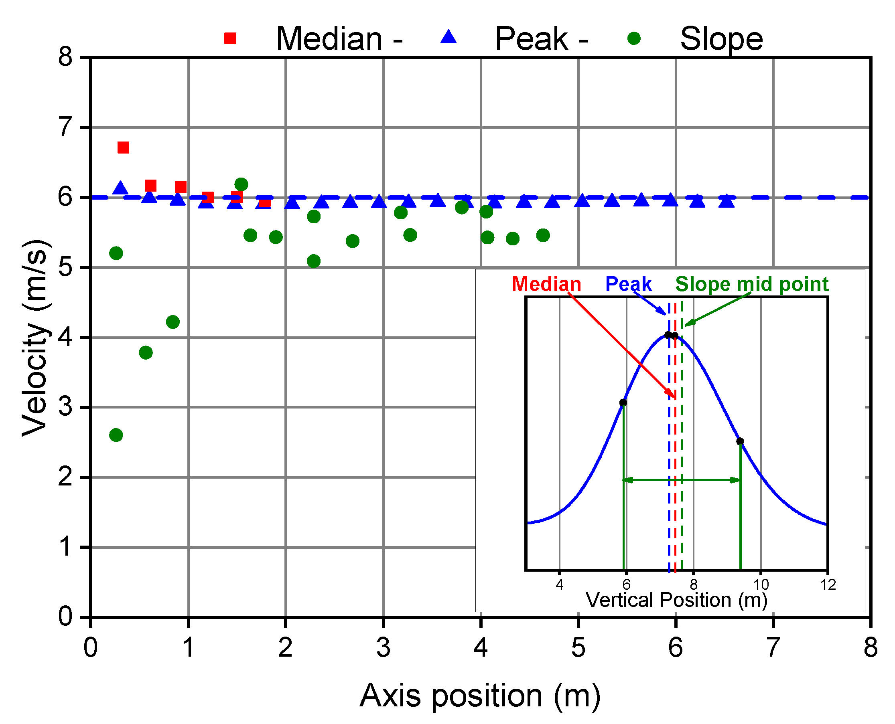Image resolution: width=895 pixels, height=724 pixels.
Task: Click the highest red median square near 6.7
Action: click(x=123, y=147)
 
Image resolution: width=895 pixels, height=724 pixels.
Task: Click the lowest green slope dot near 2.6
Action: click(x=116, y=435)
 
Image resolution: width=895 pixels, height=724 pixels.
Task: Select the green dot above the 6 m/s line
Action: click(x=241, y=184)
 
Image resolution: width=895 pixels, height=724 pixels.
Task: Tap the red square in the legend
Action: click(x=230, y=38)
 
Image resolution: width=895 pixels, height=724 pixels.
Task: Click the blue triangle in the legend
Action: click(x=449, y=38)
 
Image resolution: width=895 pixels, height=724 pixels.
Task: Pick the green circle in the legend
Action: click(x=634, y=38)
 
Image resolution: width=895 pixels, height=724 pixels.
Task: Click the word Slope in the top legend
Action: click(x=721, y=39)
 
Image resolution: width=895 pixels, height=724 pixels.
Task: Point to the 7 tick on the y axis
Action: click(x=65, y=127)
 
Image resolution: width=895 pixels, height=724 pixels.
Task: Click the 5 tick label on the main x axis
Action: click(x=578, y=648)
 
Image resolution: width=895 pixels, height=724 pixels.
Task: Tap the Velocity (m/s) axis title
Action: click(x=37, y=338)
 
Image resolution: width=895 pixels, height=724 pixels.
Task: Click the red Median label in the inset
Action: click(x=546, y=285)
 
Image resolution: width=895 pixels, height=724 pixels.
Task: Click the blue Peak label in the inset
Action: click(x=628, y=285)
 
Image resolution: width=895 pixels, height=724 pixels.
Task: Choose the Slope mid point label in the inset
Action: click(x=751, y=285)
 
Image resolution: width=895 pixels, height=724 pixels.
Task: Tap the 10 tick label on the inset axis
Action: click(x=761, y=585)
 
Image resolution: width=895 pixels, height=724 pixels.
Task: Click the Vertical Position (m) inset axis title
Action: click(x=676, y=600)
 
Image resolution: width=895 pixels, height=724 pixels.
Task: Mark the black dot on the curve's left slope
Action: click(x=623, y=402)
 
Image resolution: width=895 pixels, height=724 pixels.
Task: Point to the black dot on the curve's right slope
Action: click(x=740, y=441)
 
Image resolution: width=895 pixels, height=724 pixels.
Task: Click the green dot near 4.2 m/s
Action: click(x=173, y=322)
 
